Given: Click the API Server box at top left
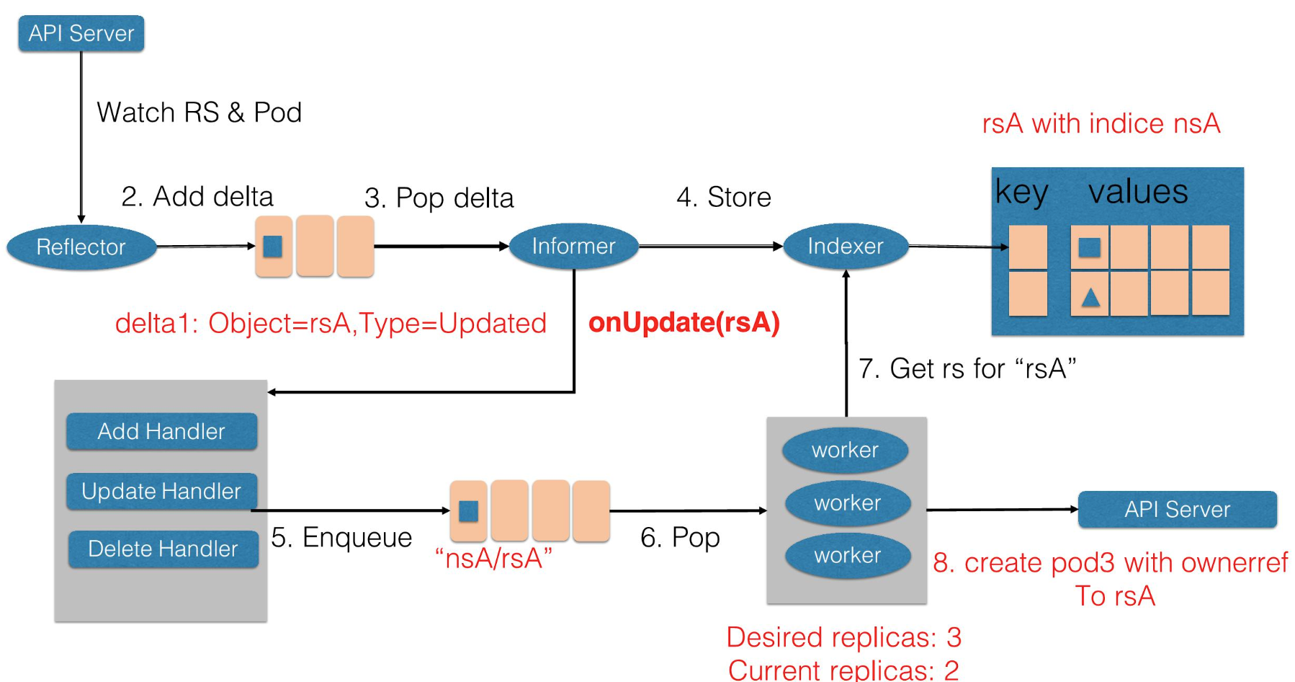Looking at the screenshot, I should (x=81, y=33).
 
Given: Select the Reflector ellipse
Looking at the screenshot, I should (x=81, y=247).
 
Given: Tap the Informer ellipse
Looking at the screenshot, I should (x=573, y=246).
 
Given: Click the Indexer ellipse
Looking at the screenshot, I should (x=845, y=246).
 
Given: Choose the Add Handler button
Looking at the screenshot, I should (x=161, y=431).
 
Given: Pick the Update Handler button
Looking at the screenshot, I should (x=161, y=491).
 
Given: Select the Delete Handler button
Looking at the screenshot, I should (x=163, y=549).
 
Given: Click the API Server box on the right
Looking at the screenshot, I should (x=1177, y=509).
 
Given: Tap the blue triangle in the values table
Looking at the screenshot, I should (x=1090, y=297).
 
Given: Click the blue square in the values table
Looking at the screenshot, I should (x=1089, y=247).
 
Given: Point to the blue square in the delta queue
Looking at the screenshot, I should (x=273, y=247).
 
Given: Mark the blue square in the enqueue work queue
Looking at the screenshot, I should (x=468, y=511).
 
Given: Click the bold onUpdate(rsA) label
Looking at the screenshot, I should (x=684, y=322).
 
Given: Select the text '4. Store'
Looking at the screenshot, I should (x=723, y=197).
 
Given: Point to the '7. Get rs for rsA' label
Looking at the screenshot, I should (x=967, y=368).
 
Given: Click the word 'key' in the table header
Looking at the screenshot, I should (x=1021, y=192).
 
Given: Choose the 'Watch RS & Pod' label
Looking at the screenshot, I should (x=199, y=112).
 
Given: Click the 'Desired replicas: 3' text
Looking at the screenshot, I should (x=843, y=637).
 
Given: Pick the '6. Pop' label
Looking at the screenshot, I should (x=680, y=537).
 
